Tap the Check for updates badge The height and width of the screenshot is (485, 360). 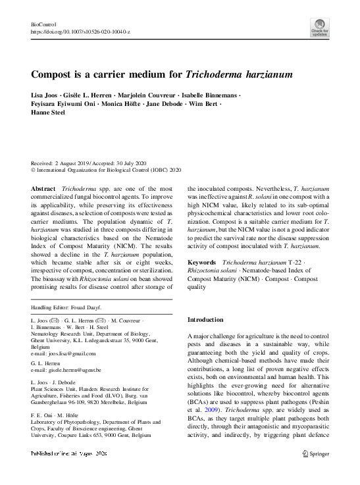[x=319, y=28]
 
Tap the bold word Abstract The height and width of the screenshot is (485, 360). [x=43, y=189]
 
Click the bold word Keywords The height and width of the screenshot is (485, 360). [x=203, y=263]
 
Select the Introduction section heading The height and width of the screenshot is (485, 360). [x=205, y=319]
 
